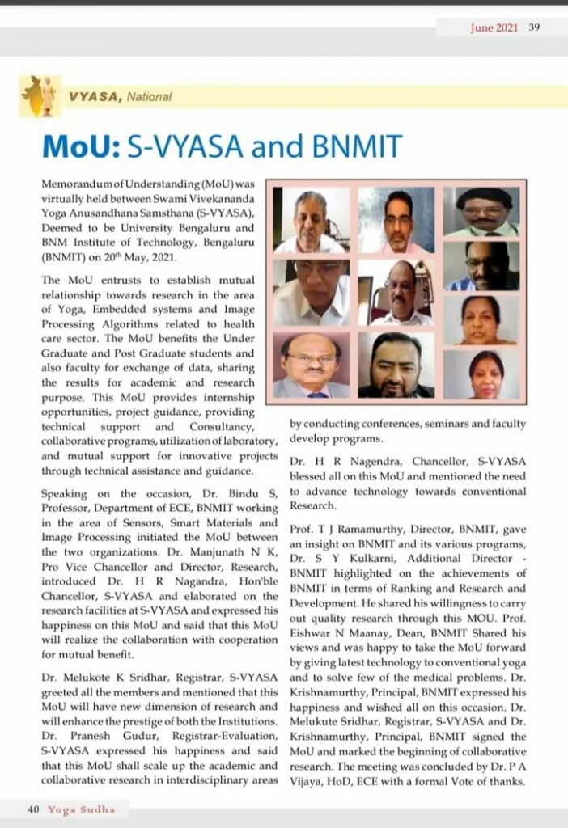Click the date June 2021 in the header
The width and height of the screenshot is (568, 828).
[x=494, y=27]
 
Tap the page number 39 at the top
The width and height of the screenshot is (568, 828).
[x=534, y=27]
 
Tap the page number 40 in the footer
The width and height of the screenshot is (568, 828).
[x=34, y=809]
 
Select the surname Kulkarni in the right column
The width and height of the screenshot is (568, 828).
[x=373, y=558]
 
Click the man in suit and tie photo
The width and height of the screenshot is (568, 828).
[x=311, y=365]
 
